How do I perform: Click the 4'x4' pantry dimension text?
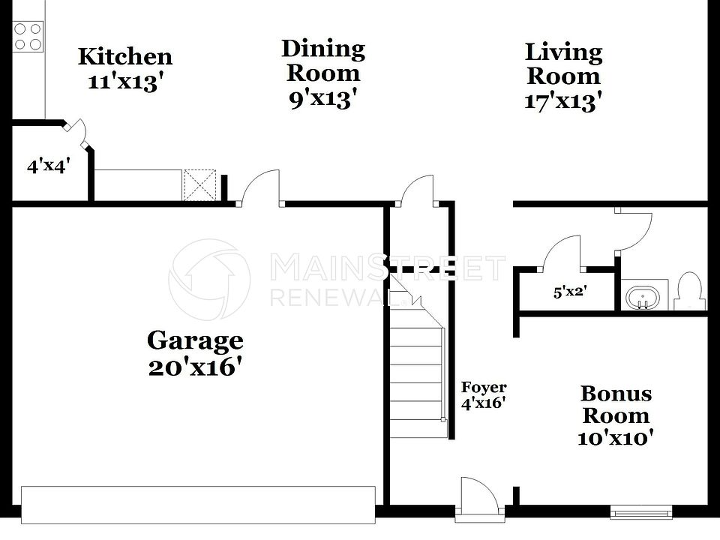49,166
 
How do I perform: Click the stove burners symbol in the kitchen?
28,36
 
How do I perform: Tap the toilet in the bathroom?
688,292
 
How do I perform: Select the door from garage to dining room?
260,187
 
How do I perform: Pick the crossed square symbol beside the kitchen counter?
200,185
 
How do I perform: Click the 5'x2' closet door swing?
562,251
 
